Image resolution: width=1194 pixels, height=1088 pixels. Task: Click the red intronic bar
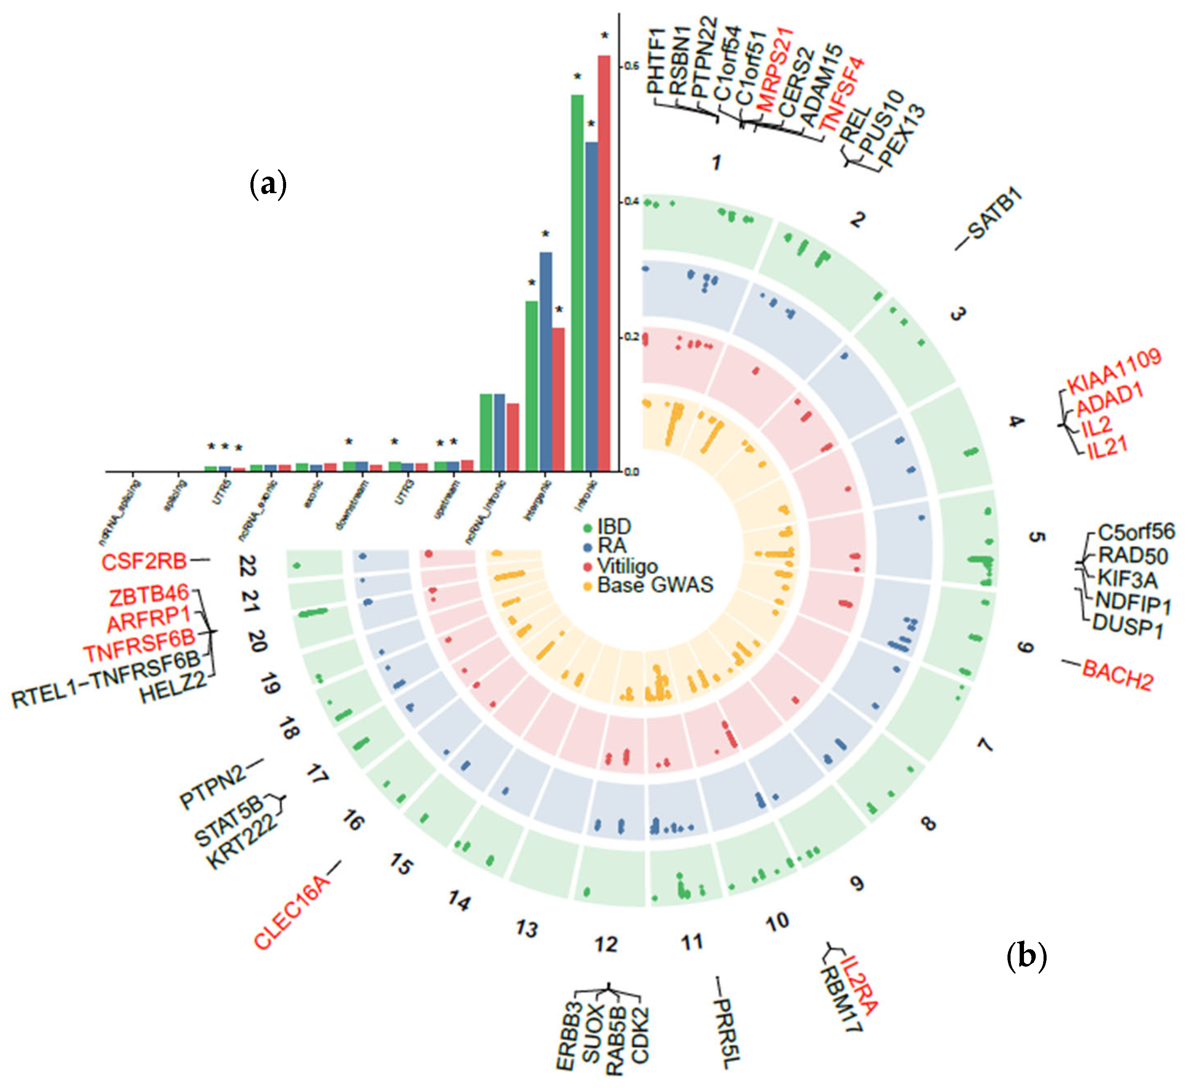(x=604, y=264)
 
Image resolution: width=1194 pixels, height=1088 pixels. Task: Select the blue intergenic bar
(x=545, y=362)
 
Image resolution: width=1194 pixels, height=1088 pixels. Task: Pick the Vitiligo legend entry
(x=627, y=566)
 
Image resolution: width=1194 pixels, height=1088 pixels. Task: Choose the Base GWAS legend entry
(x=654, y=585)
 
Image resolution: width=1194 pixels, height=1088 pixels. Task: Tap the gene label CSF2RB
(x=144, y=561)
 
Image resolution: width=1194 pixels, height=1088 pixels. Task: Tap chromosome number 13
(x=527, y=928)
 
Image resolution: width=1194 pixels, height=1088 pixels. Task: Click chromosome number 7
(x=984, y=744)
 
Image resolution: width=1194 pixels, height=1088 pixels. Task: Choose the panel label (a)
(x=268, y=184)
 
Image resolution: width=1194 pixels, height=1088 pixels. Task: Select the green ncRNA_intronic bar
(x=486, y=432)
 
